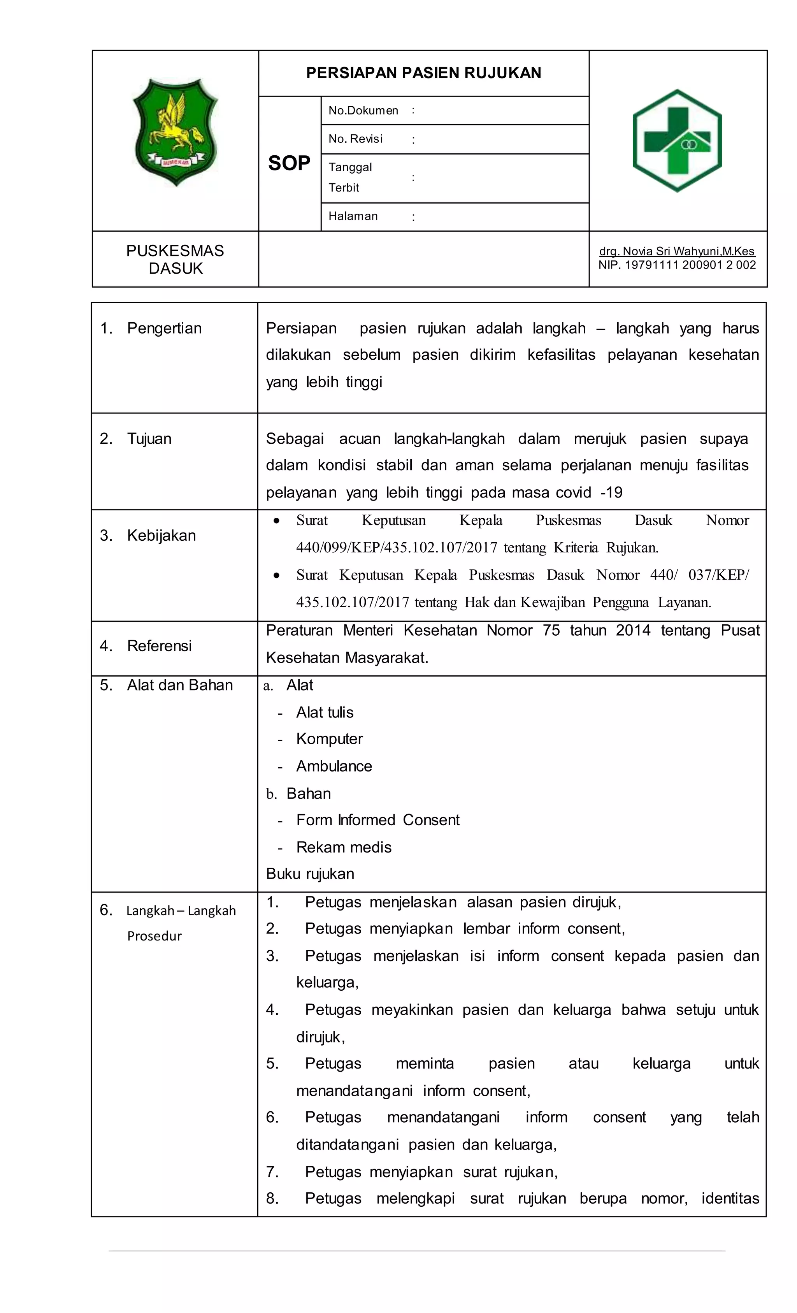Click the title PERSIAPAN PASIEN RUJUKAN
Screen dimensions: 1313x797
(x=423, y=73)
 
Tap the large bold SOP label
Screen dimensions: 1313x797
(x=289, y=163)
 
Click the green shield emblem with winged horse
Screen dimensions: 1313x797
(x=175, y=132)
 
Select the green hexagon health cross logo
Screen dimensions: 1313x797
(x=677, y=140)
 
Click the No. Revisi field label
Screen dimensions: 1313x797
(x=355, y=139)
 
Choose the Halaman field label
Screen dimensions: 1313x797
(x=353, y=216)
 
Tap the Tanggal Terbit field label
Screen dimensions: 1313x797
(x=350, y=178)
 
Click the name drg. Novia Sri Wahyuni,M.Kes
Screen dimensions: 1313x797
(x=677, y=251)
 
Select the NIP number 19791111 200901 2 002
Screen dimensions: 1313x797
(x=677, y=265)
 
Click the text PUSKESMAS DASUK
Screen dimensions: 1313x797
(x=175, y=260)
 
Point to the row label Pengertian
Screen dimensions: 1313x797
(x=164, y=328)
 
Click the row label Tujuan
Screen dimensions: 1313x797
(x=149, y=439)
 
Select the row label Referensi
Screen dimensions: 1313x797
(x=159, y=646)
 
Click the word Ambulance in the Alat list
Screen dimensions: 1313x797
(x=334, y=766)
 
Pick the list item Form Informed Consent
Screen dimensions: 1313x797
(x=378, y=820)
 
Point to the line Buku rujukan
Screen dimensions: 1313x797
(x=310, y=874)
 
